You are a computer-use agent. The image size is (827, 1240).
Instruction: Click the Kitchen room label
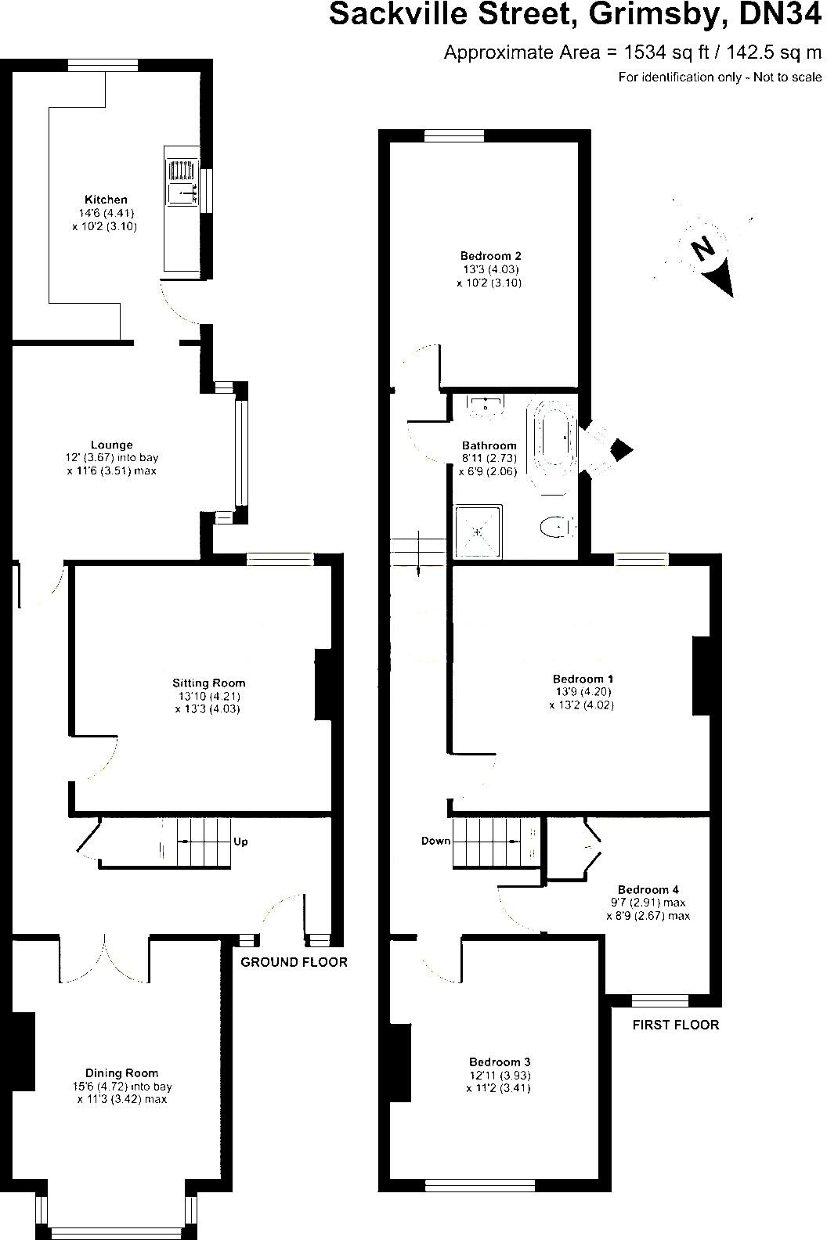[x=106, y=200]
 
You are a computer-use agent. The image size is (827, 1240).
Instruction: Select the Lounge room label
[x=111, y=445]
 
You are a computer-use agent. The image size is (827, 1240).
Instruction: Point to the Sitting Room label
[x=209, y=683]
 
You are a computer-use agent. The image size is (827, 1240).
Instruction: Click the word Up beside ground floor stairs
[x=241, y=842]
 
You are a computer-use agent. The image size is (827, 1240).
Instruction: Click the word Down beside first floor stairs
[x=435, y=841]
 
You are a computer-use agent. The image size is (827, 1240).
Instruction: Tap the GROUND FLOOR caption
[x=293, y=962]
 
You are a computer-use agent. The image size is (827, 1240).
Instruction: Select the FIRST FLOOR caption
[x=674, y=1025]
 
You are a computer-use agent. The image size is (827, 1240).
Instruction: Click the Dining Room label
[x=121, y=1073]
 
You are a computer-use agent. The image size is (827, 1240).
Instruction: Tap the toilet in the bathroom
[x=556, y=528]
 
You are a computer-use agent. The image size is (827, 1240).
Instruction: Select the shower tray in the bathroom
[x=478, y=531]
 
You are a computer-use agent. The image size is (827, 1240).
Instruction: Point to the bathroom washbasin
[x=486, y=404]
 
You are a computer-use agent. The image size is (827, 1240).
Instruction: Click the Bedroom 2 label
[x=490, y=256]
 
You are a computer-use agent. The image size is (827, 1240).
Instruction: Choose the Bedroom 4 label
[x=648, y=889]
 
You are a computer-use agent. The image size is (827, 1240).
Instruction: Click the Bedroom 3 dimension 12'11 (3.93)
[x=500, y=1075]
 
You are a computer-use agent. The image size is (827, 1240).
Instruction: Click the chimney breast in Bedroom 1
[x=700, y=676]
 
